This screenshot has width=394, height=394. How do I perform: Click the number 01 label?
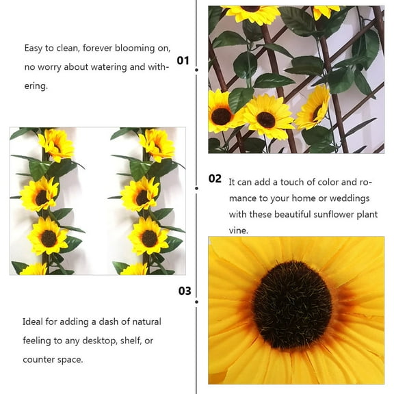pos(183,60)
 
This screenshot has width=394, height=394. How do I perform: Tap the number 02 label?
pos(215,179)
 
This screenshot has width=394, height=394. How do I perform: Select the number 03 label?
pos(185,291)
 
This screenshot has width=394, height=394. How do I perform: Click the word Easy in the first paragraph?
pos(35,48)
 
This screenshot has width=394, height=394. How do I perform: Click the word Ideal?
pos(34,321)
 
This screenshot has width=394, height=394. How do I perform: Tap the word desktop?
pos(89,341)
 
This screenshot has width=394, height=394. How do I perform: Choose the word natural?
pos(144,321)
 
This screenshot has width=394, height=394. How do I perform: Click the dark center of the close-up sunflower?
pos(292,305)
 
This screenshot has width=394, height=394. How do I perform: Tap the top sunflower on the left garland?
pos(55,144)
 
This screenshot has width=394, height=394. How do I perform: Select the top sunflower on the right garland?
pos(157,144)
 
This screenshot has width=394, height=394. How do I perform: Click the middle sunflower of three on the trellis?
pos(265,117)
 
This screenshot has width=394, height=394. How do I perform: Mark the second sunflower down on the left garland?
pos(39,194)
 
